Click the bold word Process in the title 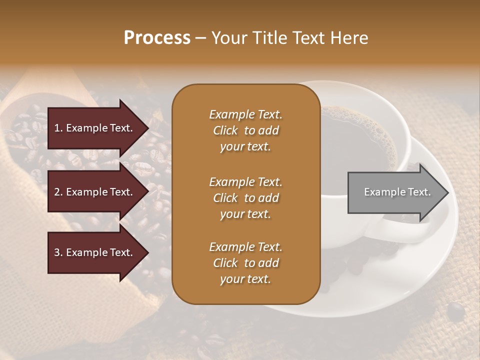[x=157, y=38]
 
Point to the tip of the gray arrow [x=447, y=192]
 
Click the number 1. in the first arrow [x=58, y=128]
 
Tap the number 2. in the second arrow [x=58, y=192]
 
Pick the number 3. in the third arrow [x=58, y=252]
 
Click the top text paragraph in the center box [x=245, y=130]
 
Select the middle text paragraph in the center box [x=245, y=198]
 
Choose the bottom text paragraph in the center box [x=245, y=263]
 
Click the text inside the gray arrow [x=397, y=192]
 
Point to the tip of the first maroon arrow [x=147, y=128]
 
